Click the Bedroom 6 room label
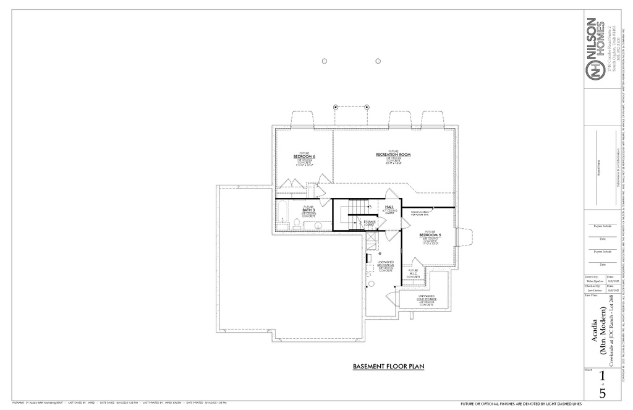(304, 156)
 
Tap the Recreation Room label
(393, 154)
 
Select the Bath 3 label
(308, 210)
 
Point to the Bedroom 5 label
(430, 235)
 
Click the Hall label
(389, 207)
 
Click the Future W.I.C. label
(413, 273)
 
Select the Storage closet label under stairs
(370, 222)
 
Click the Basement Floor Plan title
(388, 367)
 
